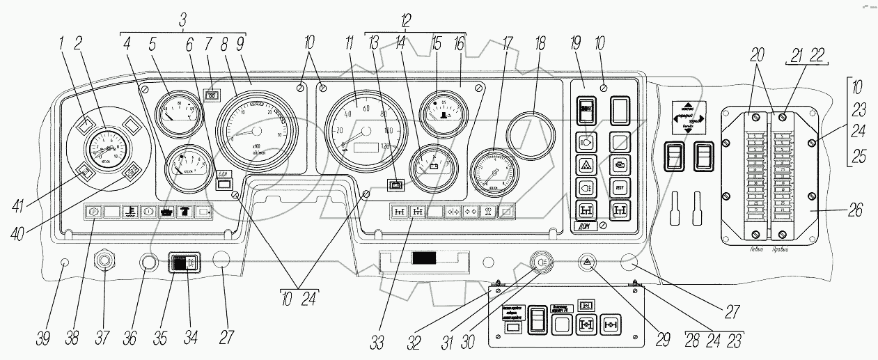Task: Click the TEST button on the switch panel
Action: coord(619,187)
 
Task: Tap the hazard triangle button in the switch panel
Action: coord(586,165)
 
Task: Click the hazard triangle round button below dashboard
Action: coord(588,263)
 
